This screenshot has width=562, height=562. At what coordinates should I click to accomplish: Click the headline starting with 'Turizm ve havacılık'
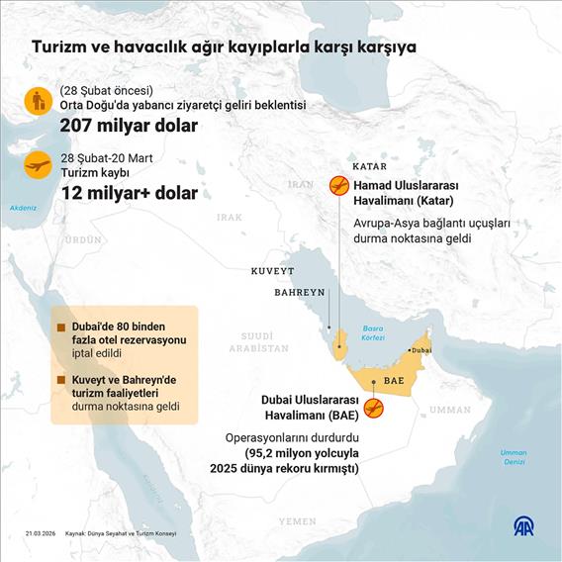tap(224, 47)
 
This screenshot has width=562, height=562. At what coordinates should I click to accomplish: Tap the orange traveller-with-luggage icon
tap(39, 100)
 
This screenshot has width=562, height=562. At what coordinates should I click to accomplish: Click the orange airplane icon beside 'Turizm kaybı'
tap(39, 165)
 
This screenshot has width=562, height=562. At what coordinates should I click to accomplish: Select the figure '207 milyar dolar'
tap(129, 126)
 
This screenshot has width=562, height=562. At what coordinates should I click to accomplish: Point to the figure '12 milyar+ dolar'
tap(129, 193)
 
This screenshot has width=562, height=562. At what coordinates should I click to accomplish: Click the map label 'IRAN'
tap(300, 184)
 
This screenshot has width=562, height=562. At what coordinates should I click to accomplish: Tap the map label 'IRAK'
tap(229, 217)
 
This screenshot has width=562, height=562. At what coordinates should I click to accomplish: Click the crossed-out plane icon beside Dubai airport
tap(373, 408)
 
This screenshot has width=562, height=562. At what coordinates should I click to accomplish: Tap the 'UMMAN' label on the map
tap(451, 409)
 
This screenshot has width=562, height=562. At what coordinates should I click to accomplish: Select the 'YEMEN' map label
tap(297, 520)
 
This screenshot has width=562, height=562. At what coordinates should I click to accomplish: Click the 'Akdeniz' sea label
tap(22, 208)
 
